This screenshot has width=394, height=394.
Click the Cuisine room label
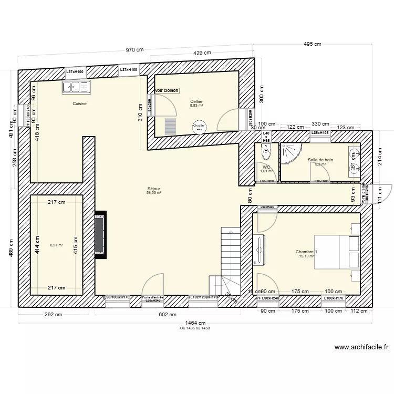(x=80, y=103)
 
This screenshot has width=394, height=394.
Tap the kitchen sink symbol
(x=77, y=87)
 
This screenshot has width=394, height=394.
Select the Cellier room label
(x=196, y=102)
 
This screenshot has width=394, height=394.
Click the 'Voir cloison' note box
(x=167, y=90)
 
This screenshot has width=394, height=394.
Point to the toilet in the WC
(x=267, y=152)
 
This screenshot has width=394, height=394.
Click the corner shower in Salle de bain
(x=289, y=153)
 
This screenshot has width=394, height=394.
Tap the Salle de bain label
(x=320, y=160)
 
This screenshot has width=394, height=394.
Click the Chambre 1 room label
(x=306, y=252)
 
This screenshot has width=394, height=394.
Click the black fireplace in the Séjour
(x=100, y=234)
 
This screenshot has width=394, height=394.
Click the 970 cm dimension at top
(x=134, y=50)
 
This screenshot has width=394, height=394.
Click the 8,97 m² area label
(x=56, y=245)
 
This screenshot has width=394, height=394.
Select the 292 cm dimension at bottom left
(x=57, y=315)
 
